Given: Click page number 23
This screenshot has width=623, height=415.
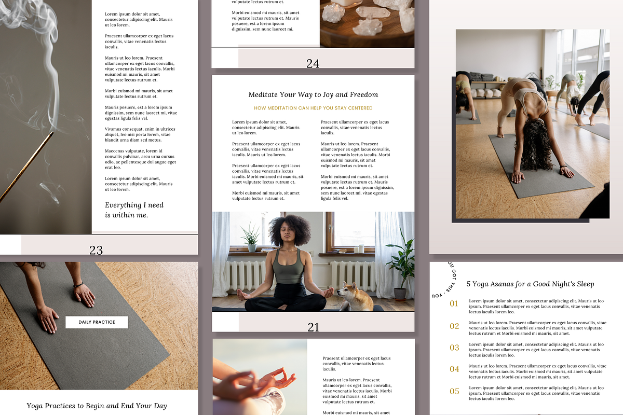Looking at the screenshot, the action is coord(96,250).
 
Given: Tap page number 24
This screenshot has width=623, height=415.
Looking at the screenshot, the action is coord(313,64).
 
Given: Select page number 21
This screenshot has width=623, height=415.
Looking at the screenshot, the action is coord(313,327).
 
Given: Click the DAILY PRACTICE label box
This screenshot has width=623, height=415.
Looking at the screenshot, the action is coord(97,322).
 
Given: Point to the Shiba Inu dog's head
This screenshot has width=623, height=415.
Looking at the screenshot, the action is coord(347,291).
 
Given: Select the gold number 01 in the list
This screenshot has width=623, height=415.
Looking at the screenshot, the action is coord(454,303).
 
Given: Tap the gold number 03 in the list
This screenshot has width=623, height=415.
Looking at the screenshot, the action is coord(454,348).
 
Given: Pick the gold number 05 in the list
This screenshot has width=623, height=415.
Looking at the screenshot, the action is coord(454,391).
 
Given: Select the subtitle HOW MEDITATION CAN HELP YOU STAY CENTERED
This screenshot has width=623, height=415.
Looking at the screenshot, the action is coord(313,108).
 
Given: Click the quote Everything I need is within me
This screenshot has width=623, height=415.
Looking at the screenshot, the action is coord(134,210).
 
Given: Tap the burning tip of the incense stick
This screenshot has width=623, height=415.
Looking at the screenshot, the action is coord(52,133).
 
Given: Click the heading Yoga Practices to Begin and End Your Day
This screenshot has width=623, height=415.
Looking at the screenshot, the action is coord(97,406).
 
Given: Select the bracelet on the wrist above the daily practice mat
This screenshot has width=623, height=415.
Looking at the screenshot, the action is coord(78,285).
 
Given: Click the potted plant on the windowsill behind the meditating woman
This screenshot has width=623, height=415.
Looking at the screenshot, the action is coord(251,238).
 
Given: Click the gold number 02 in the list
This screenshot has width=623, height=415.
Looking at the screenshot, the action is coord(454,326).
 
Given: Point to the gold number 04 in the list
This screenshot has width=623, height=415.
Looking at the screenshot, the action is coord(454,369).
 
